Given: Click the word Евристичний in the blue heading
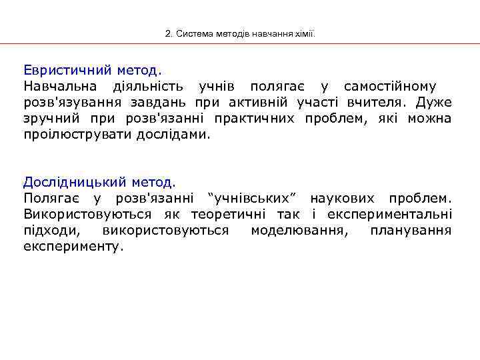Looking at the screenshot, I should tap(67, 69).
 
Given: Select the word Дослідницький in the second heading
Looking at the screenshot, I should tap(75, 181).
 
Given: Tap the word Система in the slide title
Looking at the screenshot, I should tap(189, 33).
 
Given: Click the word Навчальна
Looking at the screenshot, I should tap(60, 86).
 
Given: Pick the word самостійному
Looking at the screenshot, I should tap(390, 86).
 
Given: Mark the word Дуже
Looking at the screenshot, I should tap(434, 103).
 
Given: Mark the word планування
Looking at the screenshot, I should tap(411, 231).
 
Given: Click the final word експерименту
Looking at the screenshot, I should tap(73, 247).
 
